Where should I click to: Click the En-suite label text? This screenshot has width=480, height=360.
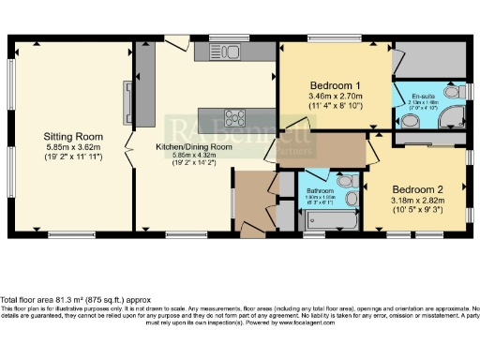[x=424, y=95]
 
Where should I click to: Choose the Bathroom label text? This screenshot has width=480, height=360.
[x=322, y=190]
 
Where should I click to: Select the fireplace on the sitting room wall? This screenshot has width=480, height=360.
[x=126, y=97]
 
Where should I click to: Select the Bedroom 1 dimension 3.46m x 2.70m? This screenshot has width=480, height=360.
[x=335, y=96]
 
